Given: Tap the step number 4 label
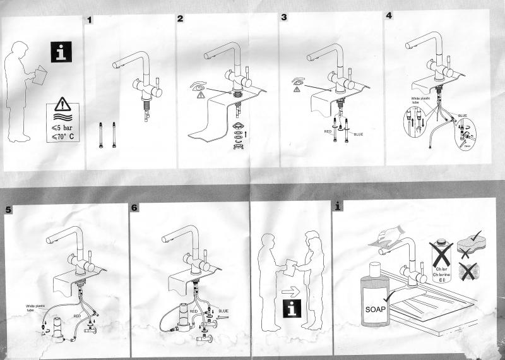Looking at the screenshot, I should [389, 16].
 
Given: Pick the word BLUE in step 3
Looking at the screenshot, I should [358, 135].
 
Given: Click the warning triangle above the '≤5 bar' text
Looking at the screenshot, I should [62, 104].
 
